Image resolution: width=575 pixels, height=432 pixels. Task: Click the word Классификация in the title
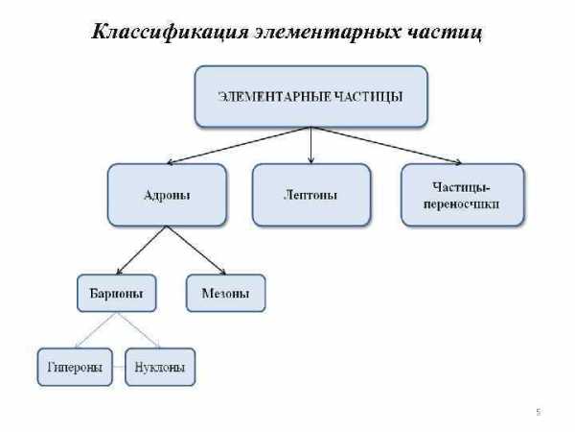click(x=170, y=33)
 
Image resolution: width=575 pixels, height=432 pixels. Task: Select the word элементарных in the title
click(x=327, y=32)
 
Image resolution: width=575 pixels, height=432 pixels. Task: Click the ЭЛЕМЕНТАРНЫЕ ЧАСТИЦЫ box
click(x=310, y=97)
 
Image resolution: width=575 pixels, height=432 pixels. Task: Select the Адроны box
click(x=167, y=195)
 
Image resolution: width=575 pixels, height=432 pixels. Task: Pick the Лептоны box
click(x=311, y=195)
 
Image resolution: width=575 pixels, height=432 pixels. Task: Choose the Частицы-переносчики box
click(x=463, y=195)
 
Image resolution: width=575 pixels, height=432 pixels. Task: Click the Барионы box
click(x=117, y=293)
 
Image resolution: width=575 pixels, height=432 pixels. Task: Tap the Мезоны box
click(x=225, y=293)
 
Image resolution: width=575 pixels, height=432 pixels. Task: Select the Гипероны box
click(x=75, y=367)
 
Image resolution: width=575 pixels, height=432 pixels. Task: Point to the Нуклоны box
click(x=160, y=367)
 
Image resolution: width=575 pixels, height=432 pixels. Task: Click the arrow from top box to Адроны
click(x=239, y=146)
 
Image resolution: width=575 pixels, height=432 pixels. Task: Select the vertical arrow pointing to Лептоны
click(x=310, y=146)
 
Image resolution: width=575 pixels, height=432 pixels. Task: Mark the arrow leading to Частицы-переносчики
click(x=386, y=146)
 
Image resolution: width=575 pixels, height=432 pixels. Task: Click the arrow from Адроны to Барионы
click(x=141, y=251)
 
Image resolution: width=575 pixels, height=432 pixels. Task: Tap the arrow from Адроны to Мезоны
click(x=196, y=251)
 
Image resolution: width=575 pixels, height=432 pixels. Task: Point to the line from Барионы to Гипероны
click(x=96, y=330)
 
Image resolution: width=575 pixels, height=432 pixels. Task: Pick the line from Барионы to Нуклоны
click(x=139, y=330)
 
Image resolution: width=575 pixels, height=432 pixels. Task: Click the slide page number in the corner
click(x=539, y=412)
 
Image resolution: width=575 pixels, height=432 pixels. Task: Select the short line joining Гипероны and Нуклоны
click(x=119, y=367)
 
